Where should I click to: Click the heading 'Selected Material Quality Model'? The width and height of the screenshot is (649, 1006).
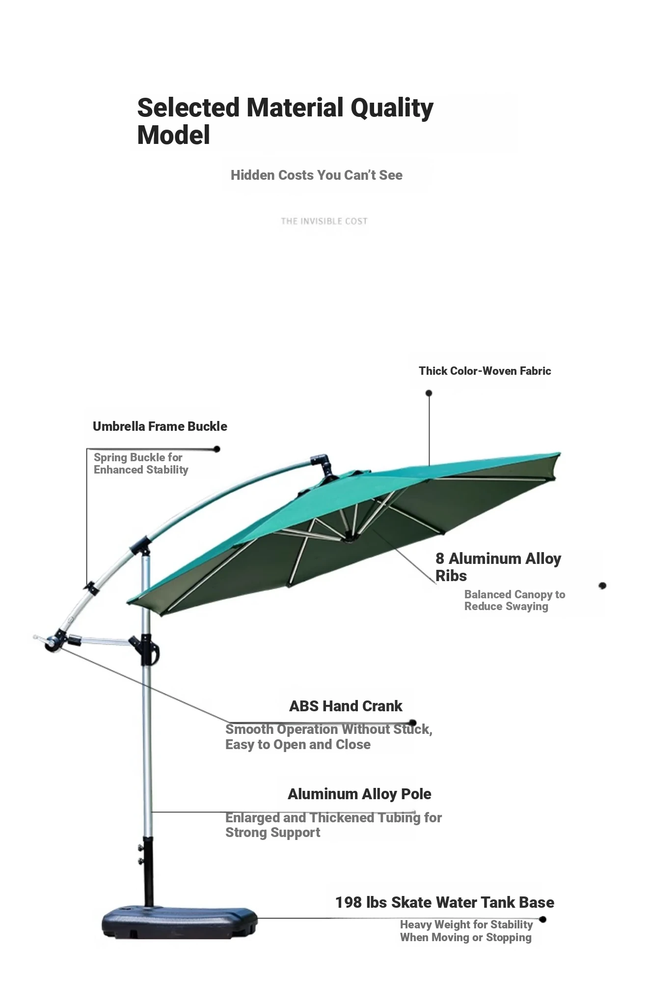[x=285, y=121]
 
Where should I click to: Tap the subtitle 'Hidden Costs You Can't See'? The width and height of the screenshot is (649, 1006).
[x=317, y=175]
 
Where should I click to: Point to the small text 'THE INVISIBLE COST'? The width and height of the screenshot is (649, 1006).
[x=324, y=221]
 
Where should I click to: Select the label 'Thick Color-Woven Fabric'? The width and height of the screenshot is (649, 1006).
[x=485, y=371]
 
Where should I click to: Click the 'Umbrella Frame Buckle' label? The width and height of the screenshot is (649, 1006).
[x=160, y=426]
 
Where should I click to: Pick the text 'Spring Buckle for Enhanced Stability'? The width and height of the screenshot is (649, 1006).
[x=141, y=463]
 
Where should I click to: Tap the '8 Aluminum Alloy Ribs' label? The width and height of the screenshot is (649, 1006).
[x=498, y=567]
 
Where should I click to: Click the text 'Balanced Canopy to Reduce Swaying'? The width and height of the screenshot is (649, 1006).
[x=514, y=600]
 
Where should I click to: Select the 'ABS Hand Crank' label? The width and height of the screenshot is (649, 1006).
[x=346, y=706]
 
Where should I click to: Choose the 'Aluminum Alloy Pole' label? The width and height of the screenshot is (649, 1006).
[x=359, y=794]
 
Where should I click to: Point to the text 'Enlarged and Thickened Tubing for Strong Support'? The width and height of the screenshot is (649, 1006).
[x=333, y=825]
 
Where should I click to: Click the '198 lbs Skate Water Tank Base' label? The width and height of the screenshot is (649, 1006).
[x=445, y=902]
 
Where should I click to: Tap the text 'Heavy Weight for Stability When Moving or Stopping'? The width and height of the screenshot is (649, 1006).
[x=466, y=931]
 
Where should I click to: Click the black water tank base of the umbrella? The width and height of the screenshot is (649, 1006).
[x=180, y=923]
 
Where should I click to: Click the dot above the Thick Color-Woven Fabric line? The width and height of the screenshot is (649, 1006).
[x=429, y=393]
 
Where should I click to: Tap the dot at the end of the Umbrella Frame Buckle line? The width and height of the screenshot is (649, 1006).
[x=216, y=449]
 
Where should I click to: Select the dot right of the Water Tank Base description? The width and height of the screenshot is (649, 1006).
[x=542, y=920]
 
